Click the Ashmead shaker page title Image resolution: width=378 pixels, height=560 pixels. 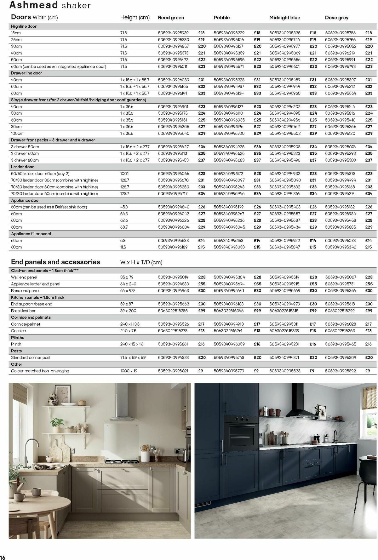(x=50, y=5)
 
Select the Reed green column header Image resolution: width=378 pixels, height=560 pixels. (x=171, y=18)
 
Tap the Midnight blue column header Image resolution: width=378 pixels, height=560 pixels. (x=284, y=18)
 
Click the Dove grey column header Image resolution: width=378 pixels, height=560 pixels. (x=336, y=18)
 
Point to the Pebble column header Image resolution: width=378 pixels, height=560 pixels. (x=221, y=18)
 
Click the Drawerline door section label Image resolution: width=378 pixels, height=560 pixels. (x=26, y=73)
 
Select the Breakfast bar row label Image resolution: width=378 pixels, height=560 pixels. (x=23, y=311)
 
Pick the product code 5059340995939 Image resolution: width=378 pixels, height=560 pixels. (x=173, y=33)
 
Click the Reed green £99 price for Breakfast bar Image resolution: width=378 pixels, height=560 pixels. (x=202, y=311)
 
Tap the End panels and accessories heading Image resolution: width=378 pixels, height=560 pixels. (x=55, y=262)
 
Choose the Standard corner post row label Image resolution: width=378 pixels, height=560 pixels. (x=31, y=357)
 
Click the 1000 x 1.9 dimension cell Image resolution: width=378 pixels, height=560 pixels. (x=129, y=371)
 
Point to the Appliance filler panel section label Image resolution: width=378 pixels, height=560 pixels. (x=31, y=234)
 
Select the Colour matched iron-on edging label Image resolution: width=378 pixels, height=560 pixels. (x=40, y=371)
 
